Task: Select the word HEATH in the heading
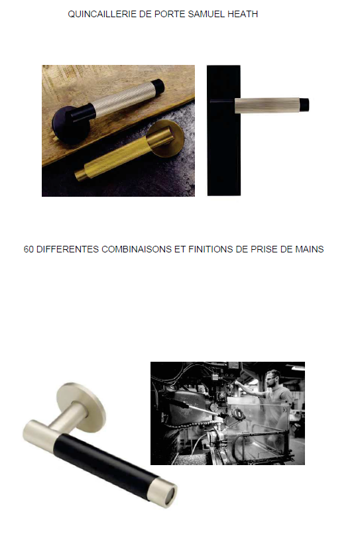click(x=243, y=14)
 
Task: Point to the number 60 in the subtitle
click(x=29, y=249)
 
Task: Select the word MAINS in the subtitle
click(x=309, y=249)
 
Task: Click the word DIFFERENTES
click(x=68, y=249)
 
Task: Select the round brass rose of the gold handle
click(x=166, y=138)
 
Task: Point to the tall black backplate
click(x=223, y=131)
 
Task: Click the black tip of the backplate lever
click(x=304, y=105)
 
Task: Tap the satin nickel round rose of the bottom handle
click(x=81, y=407)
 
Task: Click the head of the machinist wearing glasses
click(x=273, y=379)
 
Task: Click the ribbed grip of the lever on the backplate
click(x=267, y=105)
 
